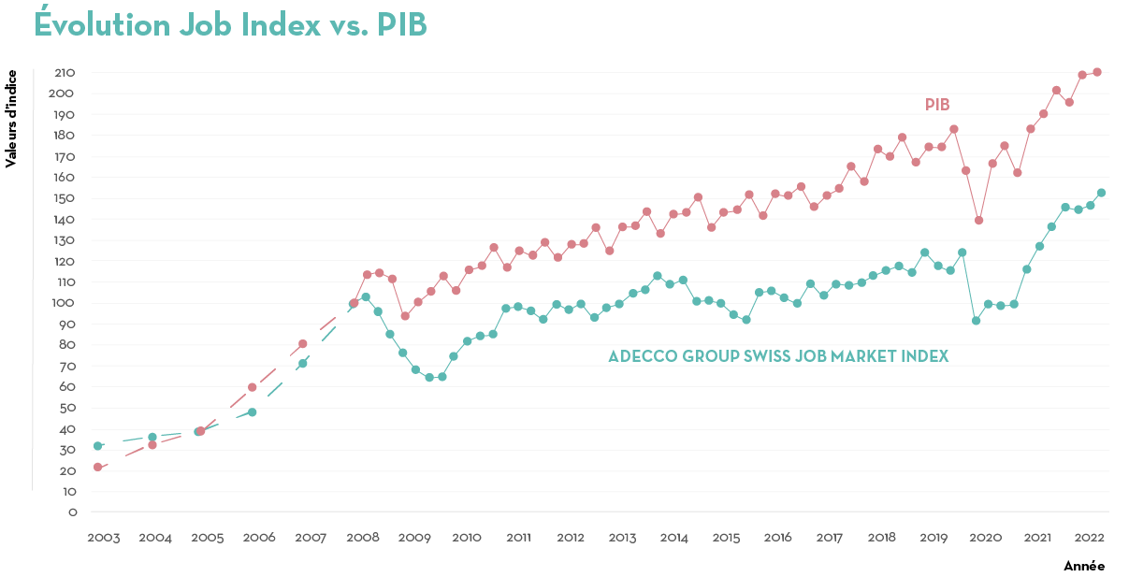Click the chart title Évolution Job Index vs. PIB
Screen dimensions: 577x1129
230,25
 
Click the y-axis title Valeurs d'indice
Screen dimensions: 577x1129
11,118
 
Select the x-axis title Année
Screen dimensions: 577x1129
1084,566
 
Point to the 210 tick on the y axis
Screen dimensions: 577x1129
65,73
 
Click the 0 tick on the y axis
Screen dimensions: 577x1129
72,512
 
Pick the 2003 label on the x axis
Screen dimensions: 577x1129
103,538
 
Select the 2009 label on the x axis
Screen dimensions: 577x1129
414,538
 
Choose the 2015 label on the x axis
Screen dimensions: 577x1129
726,538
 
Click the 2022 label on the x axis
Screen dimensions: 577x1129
1089,538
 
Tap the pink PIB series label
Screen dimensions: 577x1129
937,104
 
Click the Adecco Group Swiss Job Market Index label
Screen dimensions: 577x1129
778,356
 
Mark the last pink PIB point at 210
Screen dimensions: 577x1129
1097,72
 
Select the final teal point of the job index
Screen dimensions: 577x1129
1101,193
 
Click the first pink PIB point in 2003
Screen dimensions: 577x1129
97,467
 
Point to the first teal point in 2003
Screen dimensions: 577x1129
97,446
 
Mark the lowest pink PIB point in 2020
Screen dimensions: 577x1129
978,220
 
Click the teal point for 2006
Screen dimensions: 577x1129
252,412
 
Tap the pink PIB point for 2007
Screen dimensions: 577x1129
302,344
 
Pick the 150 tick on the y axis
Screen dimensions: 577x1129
65,198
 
